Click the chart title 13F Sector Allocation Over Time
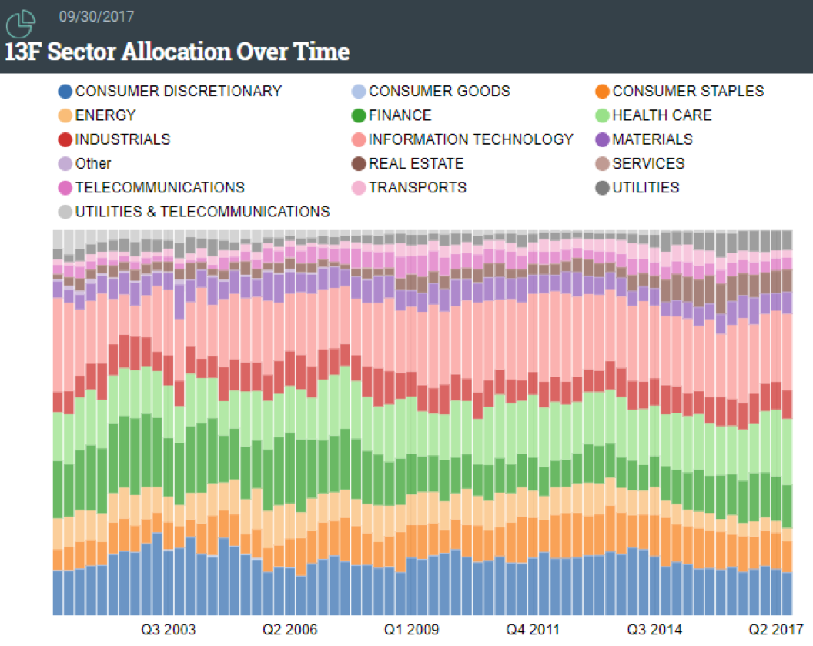pos(178,52)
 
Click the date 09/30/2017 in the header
pos(91,15)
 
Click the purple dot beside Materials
pos(602,139)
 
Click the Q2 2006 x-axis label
pos(289,630)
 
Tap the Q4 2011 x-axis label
pos(533,630)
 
